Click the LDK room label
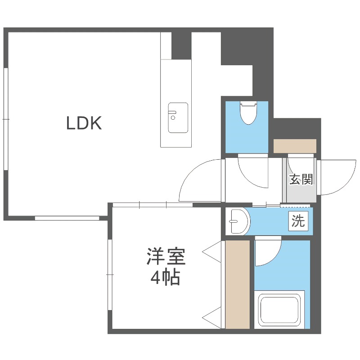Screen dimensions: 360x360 coord(84,123)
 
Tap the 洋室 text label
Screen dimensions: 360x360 coord(165,258)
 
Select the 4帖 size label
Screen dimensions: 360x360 coord(165,279)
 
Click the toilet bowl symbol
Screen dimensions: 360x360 coord(247,112)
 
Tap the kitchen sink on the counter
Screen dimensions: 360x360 coord(178,117)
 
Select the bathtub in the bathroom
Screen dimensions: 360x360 coord(279,310)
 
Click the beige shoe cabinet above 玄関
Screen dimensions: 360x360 coord(295,146)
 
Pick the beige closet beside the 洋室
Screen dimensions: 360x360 coord(237,284)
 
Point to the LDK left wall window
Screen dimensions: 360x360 coord(6,119)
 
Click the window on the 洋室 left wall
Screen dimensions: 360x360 coord(109,274)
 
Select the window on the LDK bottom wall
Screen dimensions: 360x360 coord(67,218)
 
